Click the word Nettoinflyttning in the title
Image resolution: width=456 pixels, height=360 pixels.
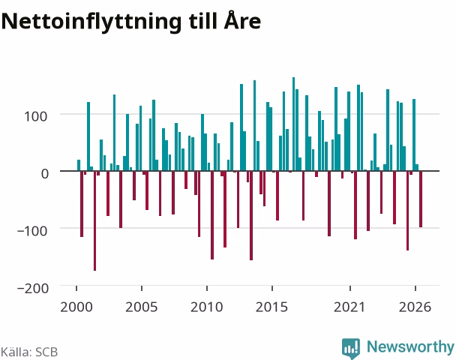(x=91, y=22)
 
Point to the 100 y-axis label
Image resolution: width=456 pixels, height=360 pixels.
(x=35, y=116)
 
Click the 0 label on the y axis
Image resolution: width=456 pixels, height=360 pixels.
(x=44, y=173)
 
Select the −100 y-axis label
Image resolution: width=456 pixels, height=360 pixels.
(x=32, y=231)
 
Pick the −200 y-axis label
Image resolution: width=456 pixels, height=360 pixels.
(x=33, y=289)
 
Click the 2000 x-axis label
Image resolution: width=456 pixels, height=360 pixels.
(x=76, y=307)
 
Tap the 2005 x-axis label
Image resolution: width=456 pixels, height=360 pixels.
(x=141, y=307)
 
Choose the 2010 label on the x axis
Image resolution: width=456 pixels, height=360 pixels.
(x=206, y=307)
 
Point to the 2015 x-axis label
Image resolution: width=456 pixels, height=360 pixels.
(x=271, y=307)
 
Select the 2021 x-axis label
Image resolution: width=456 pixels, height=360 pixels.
(x=349, y=307)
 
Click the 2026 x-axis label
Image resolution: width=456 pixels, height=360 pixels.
(x=415, y=307)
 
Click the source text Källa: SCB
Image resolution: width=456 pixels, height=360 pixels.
(x=29, y=352)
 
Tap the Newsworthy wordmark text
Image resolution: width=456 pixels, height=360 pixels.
(x=410, y=346)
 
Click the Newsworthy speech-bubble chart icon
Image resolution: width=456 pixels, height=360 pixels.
(x=351, y=348)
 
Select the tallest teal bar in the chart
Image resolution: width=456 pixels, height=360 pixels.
(x=293, y=124)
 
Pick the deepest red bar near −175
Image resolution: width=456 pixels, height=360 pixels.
(x=94, y=220)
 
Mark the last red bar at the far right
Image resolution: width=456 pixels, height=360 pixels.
(x=421, y=199)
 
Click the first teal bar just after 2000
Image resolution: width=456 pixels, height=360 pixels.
(x=79, y=165)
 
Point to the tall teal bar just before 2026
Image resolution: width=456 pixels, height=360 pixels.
(x=414, y=135)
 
